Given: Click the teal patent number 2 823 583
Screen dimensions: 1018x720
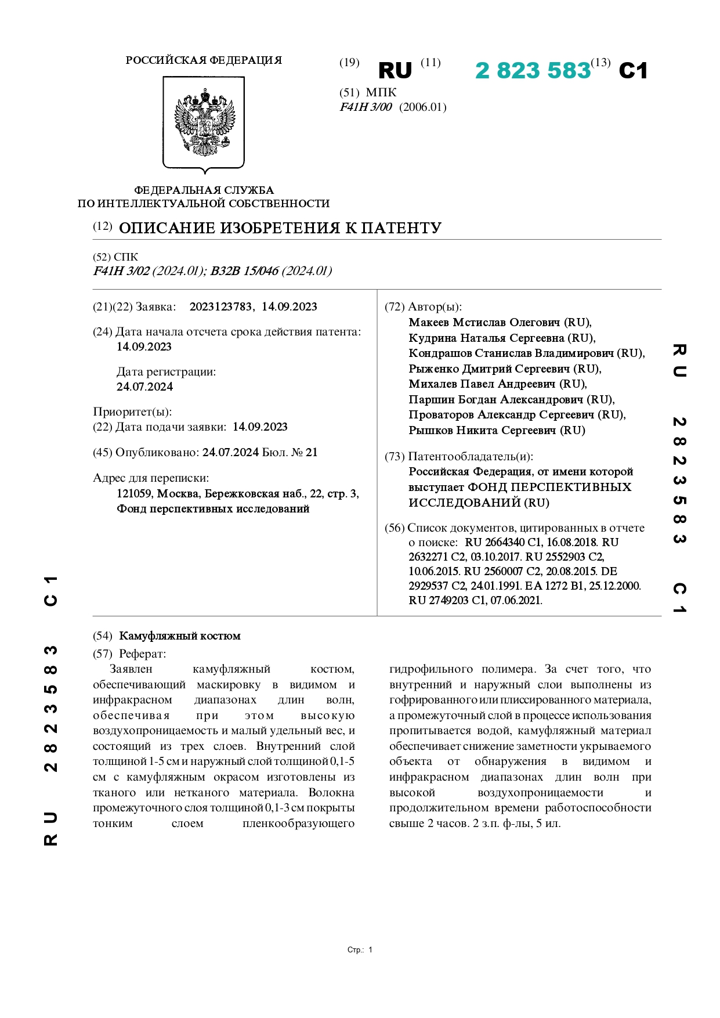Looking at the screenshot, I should [532, 71].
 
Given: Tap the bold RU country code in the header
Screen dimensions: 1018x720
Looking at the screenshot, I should [395, 71].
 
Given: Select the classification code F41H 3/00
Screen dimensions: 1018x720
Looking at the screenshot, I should [366, 107].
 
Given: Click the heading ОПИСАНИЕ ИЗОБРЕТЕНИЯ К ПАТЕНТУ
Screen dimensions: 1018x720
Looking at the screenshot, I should [280, 228].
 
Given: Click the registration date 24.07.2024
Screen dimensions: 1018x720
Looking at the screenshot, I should [144, 387].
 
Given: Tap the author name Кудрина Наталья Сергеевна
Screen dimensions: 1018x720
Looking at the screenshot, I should [486, 338].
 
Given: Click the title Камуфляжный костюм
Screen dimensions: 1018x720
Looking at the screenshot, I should [180, 636].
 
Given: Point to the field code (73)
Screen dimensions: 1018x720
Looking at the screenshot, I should [395, 457].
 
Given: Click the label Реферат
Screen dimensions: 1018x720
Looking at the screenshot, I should [143, 654].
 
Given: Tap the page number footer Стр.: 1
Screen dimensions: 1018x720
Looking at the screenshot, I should [360, 950].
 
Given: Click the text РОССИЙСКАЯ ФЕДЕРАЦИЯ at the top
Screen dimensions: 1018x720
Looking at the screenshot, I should [204, 60].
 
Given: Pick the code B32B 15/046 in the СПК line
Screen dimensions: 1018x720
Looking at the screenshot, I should [244, 271].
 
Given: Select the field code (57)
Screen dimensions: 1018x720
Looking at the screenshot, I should [103, 654].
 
